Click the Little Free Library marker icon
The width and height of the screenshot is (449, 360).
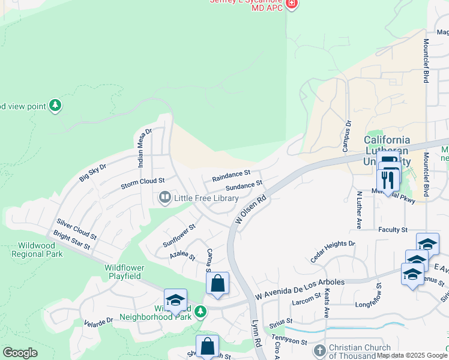(164, 197)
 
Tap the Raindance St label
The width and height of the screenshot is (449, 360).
(231, 176)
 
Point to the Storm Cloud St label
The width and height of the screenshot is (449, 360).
(142, 181)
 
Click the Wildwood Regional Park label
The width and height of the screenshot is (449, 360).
(37, 250)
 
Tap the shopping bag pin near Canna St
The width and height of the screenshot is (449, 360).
(217, 283)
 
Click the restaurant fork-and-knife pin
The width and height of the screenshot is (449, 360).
(388, 179)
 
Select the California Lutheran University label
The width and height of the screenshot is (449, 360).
(387, 151)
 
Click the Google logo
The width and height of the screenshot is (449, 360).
(20, 353)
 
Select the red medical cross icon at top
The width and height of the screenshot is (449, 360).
(292, 4)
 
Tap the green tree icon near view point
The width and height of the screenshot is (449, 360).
(55, 106)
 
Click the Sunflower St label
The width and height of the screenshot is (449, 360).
(179, 236)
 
